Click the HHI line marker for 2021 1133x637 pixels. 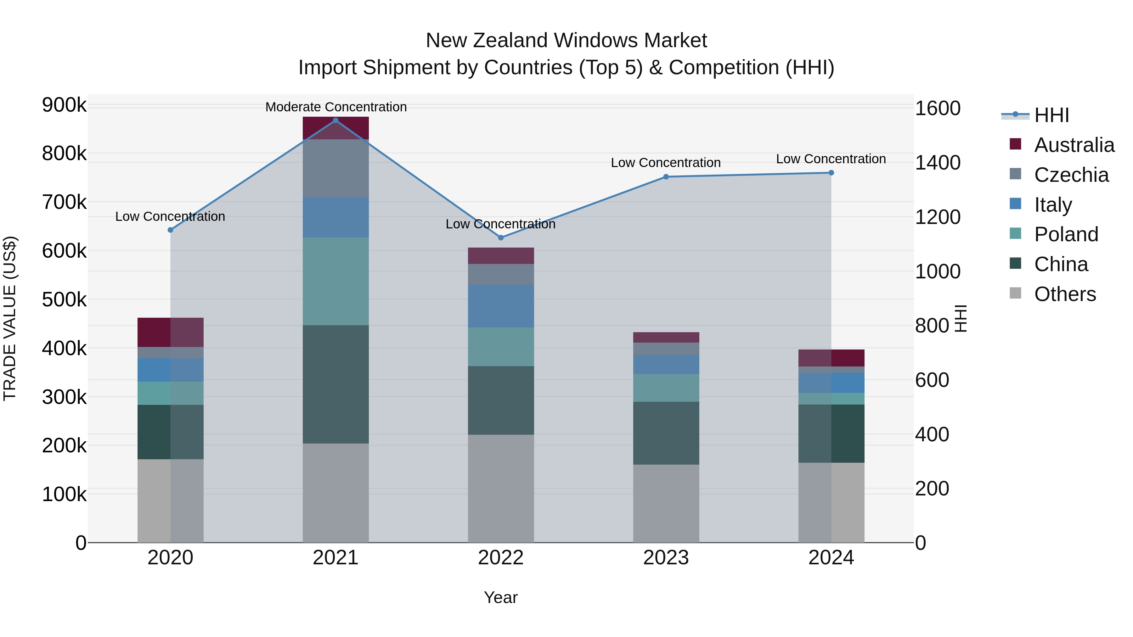pyautogui.click(x=335, y=120)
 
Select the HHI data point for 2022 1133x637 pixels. pyautogui.click(x=500, y=237)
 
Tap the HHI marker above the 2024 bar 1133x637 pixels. pyautogui.click(x=831, y=173)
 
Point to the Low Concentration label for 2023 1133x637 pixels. pyautogui.click(x=665, y=163)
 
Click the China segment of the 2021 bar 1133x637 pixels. pyautogui.click(x=335, y=384)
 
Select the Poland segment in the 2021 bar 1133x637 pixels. pyautogui.click(x=335, y=281)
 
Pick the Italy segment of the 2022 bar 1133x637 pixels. pyautogui.click(x=500, y=306)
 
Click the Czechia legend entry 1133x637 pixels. pyautogui.click(x=1071, y=175)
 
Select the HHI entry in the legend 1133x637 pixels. pyautogui.click(x=1051, y=115)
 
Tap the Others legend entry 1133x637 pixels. pyautogui.click(x=1064, y=294)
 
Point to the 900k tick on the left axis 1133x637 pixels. pyautogui.click(x=64, y=105)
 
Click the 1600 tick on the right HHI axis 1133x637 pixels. pyautogui.click(x=937, y=108)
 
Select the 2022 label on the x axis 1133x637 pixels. pyautogui.click(x=500, y=558)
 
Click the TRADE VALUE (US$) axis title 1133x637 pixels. pyautogui.click(x=10, y=319)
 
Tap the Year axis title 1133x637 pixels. pyautogui.click(x=500, y=597)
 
